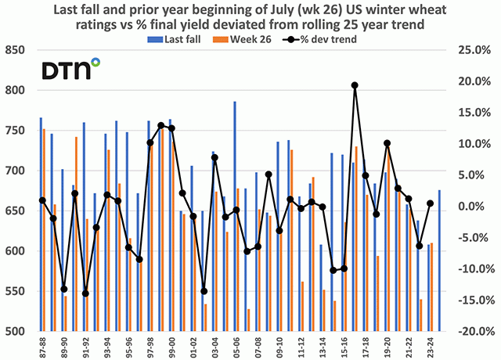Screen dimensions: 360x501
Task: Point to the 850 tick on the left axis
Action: tap(17, 50)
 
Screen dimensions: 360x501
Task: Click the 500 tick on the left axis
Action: tap(17, 332)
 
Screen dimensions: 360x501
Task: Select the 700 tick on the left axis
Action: tap(17, 171)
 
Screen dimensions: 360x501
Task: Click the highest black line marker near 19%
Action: tap(355, 85)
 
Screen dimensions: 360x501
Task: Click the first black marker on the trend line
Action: tap(42, 200)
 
